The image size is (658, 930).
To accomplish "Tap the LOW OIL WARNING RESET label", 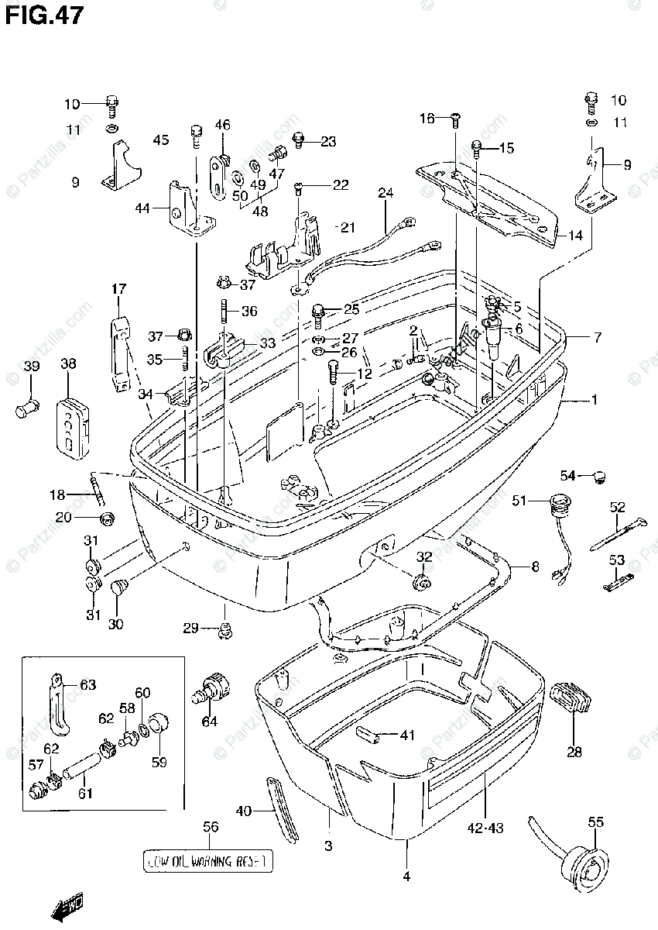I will pyautogui.click(x=210, y=860).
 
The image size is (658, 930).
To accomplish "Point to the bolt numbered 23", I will pyautogui.click(x=298, y=140).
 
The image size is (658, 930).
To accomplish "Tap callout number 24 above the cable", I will pyautogui.click(x=386, y=192).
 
